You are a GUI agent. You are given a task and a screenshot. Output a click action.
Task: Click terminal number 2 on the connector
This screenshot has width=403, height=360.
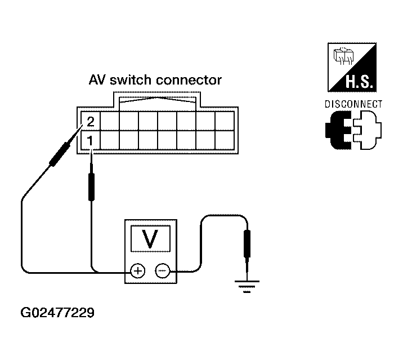[x=91, y=122]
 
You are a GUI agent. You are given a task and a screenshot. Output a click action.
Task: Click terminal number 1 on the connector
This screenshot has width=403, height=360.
[x=89, y=141]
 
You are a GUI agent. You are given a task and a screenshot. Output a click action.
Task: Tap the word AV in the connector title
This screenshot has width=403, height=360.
[x=97, y=80]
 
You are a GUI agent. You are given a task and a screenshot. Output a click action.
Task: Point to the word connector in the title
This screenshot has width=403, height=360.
[x=189, y=81]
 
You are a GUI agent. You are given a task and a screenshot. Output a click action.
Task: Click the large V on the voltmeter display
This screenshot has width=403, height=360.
[x=150, y=238]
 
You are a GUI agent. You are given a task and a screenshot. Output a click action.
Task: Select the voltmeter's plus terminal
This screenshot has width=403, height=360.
[x=138, y=271]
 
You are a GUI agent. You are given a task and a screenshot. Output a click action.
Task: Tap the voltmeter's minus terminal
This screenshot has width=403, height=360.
[x=163, y=271]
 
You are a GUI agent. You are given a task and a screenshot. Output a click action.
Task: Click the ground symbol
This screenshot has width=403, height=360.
[x=247, y=287]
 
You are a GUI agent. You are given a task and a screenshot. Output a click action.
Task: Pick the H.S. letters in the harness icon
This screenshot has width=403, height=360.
[x=359, y=82]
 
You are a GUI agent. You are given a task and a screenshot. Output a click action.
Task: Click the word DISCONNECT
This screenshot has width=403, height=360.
[x=353, y=104]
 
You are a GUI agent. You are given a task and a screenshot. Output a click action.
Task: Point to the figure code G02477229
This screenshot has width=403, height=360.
[x=57, y=313]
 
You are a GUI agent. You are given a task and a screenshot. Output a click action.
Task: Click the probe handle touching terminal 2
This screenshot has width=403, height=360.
[x=60, y=153]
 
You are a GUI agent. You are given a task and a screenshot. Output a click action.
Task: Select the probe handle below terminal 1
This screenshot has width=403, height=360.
[x=91, y=186]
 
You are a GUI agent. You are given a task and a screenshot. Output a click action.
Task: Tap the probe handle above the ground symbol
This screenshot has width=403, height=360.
[x=247, y=244]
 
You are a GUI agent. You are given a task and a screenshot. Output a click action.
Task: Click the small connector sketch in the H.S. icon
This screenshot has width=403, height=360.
[x=343, y=56]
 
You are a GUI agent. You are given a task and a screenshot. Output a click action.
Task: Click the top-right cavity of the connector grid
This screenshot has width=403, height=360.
[x=225, y=121]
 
